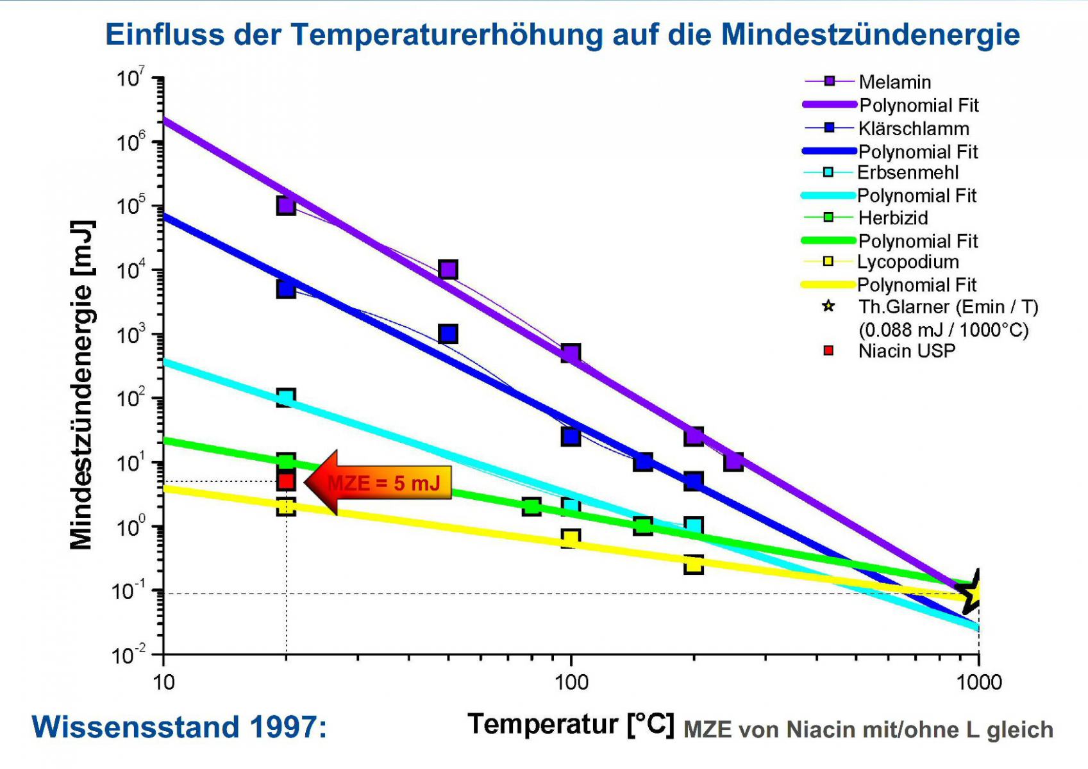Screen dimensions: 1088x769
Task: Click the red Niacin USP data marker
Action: point(286,481)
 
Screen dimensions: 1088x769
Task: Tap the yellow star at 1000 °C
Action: point(971,591)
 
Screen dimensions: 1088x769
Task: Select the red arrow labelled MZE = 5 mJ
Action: point(378,483)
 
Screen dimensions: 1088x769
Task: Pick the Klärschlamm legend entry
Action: point(887,128)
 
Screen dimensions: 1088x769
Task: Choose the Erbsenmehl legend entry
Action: point(881,172)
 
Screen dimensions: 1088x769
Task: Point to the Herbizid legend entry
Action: point(866,217)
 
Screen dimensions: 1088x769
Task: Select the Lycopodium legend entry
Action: point(881,261)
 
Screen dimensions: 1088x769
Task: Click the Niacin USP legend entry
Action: point(889,351)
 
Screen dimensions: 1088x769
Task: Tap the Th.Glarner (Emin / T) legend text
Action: point(948,307)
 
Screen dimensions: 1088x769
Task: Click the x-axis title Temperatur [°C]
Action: point(571,725)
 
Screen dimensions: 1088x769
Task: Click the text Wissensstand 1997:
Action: point(180,727)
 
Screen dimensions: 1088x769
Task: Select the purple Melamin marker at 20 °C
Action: point(286,205)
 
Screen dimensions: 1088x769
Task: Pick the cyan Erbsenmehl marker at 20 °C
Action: point(286,397)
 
